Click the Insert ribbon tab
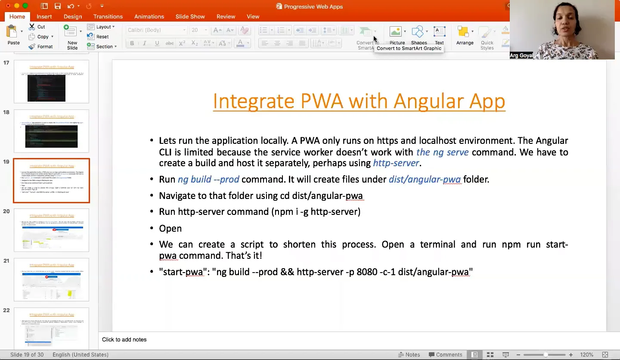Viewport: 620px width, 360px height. (x=44, y=16)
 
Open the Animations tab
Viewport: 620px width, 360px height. (x=149, y=16)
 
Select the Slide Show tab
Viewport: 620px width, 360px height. (x=190, y=16)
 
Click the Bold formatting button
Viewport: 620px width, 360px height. (x=132, y=43)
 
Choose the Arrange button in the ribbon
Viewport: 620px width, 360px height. (x=465, y=35)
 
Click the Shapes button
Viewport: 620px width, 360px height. (x=418, y=35)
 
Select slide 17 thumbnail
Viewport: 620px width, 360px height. (x=51, y=81)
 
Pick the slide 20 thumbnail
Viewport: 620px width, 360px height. (x=51, y=230)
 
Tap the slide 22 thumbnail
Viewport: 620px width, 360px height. (x=51, y=328)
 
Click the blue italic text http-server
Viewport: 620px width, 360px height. (x=396, y=163)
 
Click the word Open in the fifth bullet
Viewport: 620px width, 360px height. (x=170, y=229)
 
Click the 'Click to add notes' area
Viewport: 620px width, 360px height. (x=124, y=340)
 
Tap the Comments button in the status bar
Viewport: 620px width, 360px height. (x=445, y=355)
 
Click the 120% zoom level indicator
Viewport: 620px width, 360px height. (x=586, y=355)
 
